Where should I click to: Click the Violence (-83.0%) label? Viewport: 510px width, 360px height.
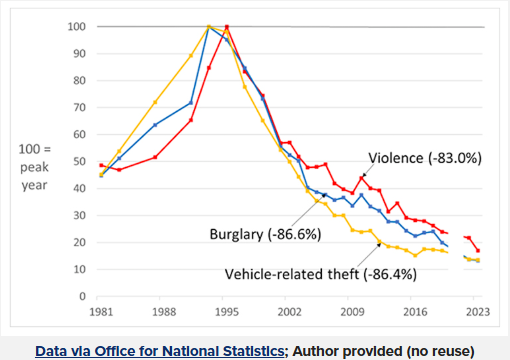pos(425,158)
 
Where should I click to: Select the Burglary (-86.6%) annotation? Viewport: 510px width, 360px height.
pos(265,234)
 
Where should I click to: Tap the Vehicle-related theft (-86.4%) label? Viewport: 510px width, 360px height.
pos(321,274)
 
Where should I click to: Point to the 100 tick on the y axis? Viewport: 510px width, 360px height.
pos(77,27)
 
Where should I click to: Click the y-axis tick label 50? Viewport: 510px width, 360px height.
pos(80,162)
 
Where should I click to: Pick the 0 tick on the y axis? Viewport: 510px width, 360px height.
pos(82,296)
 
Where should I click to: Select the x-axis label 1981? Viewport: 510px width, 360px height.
pos(101,312)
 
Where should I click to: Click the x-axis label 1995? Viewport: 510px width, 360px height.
pos(227,312)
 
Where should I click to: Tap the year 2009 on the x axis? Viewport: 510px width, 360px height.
pos(352,312)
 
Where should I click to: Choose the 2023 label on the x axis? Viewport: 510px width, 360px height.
pos(478,312)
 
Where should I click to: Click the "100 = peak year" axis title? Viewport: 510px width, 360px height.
pos(35,167)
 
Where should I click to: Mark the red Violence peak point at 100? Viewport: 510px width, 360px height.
pos(227,27)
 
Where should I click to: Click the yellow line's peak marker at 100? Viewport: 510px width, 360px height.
pos(209,27)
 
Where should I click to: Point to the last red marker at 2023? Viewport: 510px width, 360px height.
pos(478,250)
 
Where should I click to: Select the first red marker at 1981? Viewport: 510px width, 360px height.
pos(101,165)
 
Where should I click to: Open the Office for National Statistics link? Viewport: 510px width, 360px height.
pos(160,351)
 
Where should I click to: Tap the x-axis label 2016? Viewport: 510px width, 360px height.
pos(415,312)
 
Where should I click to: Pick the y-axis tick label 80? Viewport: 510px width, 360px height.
pos(80,81)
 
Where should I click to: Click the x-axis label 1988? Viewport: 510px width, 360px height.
pos(164,312)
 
